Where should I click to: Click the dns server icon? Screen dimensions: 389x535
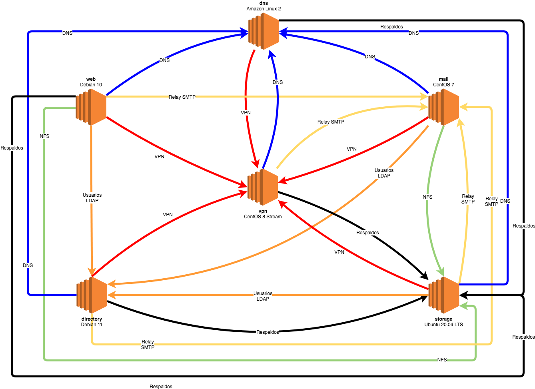point(264,31)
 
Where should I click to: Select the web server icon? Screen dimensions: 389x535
point(91,107)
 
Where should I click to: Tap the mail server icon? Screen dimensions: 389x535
point(443,107)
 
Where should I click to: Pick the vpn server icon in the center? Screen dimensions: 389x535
point(263,187)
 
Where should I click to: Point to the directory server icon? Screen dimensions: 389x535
point(92,295)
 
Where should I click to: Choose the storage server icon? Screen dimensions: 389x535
point(443,295)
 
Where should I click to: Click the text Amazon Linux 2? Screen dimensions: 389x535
point(264,9)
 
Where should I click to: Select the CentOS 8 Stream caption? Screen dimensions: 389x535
point(263,217)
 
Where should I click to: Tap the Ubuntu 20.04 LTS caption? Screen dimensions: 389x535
point(443,325)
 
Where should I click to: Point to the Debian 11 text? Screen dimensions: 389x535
point(92,325)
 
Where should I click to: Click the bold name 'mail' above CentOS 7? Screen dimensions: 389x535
point(443,79)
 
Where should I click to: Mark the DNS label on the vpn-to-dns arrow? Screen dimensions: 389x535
point(277,82)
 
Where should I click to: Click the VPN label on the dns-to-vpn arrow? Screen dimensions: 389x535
point(246,113)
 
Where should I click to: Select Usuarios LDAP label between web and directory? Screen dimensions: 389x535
point(92,198)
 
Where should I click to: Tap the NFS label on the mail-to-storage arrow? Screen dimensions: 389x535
point(427,197)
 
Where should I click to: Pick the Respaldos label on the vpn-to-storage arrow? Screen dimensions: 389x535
point(367,233)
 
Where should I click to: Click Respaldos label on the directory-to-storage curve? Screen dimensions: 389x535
point(267,332)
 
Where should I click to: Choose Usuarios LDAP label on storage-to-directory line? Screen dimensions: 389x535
point(263,296)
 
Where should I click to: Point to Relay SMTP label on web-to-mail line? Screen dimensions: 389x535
point(182,97)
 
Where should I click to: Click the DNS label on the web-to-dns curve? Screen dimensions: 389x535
point(164,60)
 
